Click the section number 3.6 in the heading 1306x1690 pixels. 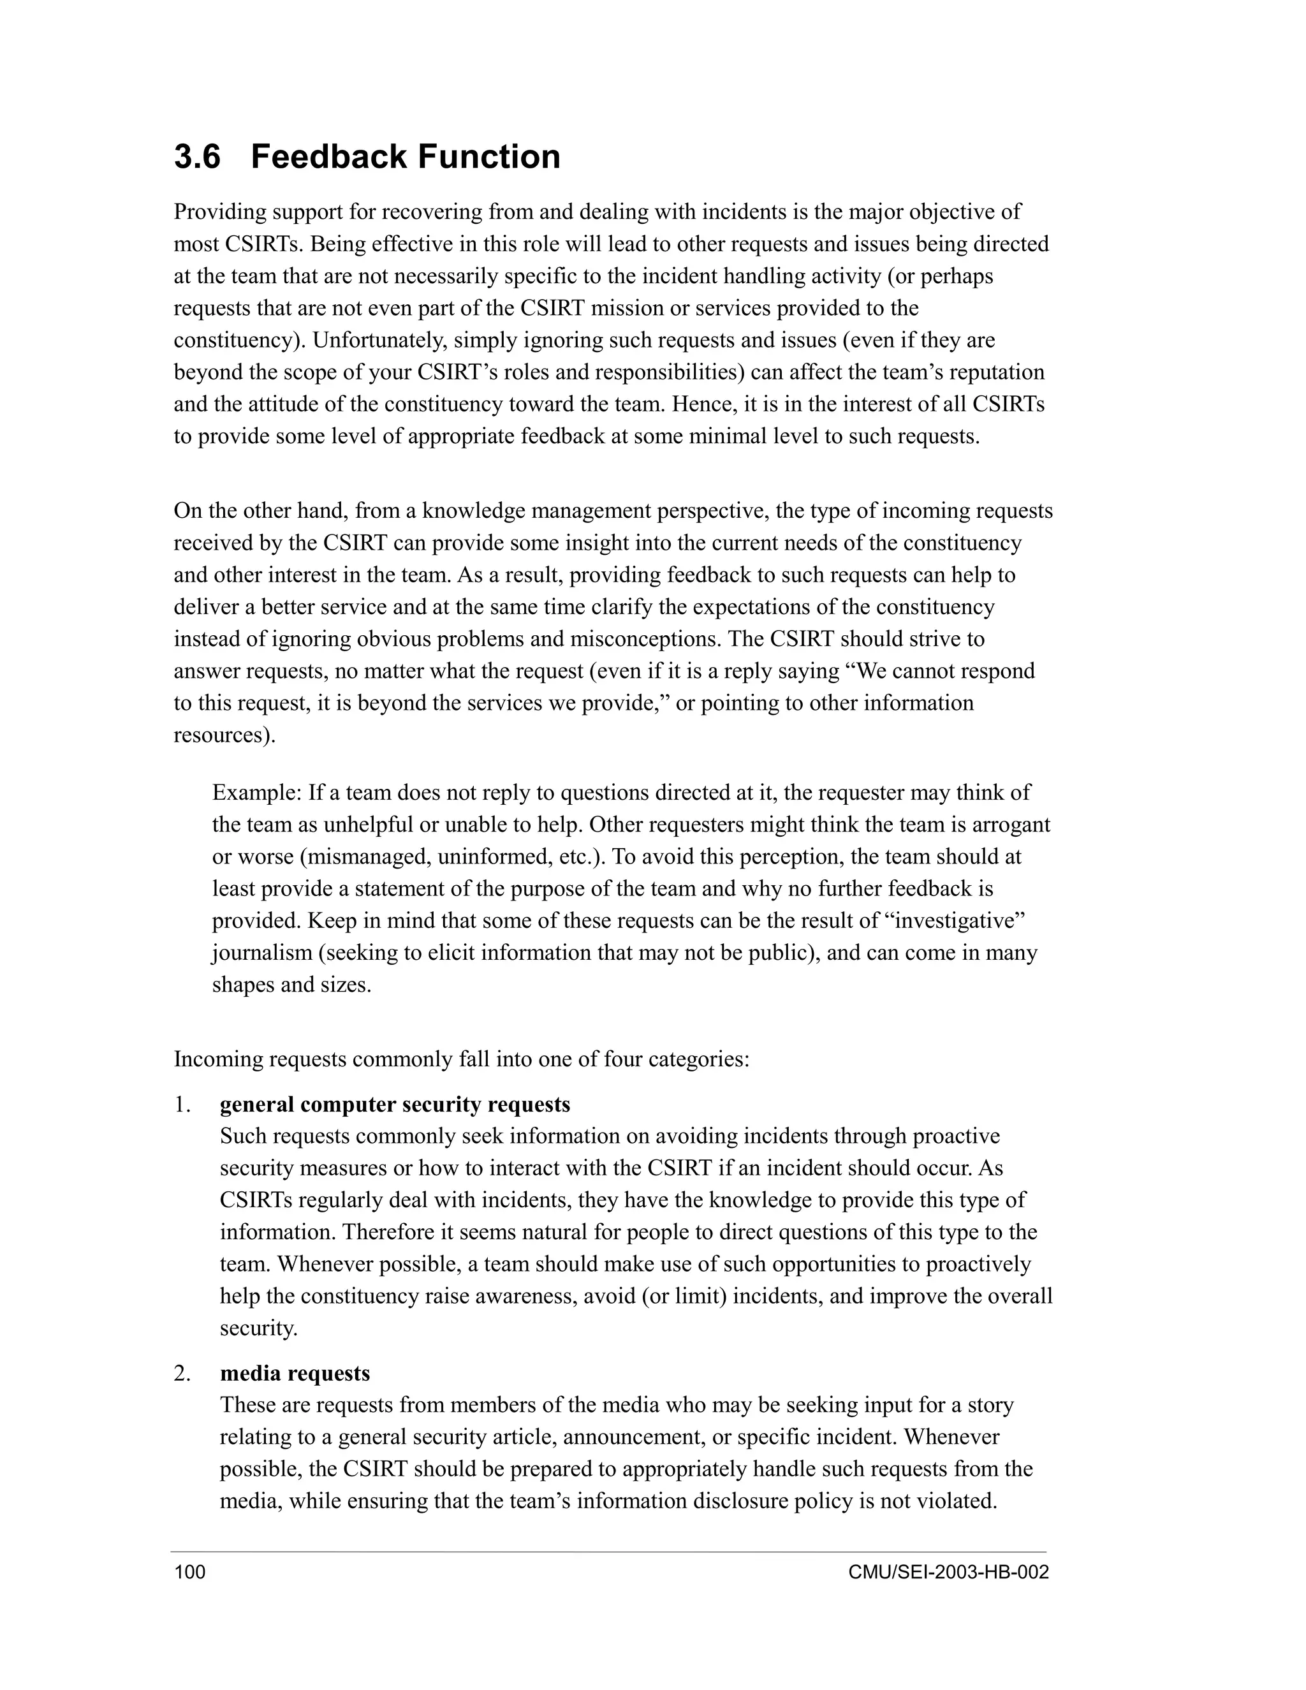point(197,157)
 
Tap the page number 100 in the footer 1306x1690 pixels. point(190,1573)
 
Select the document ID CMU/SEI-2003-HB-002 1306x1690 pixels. point(948,1573)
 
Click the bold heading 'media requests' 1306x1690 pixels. point(295,1373)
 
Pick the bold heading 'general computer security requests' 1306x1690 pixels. point(395,1104)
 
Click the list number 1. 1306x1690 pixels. point(182,1104)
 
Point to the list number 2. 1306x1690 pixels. point(182,1373)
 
